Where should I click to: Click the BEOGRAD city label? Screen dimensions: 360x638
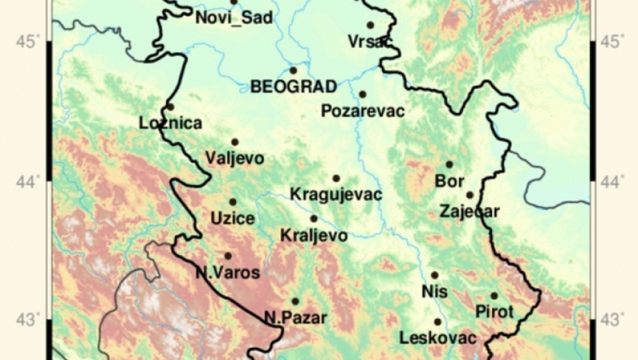coord(294,87)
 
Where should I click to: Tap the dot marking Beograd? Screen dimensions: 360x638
coord(294,70)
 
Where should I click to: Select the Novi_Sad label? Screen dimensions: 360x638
coord(234,17)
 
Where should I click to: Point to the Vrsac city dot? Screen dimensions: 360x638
coord(370,25)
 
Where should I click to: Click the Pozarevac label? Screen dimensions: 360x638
coord(363,110)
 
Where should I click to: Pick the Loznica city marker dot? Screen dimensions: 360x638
coord(170,107)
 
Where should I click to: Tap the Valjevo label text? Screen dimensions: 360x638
coord(235,158)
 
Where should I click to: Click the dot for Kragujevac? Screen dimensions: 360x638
coord(336,178)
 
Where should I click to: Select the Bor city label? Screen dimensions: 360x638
coord(449,182)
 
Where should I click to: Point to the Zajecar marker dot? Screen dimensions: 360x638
coord(470,195)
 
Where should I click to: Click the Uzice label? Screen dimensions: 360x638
coord(233,219)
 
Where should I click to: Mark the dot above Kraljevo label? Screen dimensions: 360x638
coord(314,219)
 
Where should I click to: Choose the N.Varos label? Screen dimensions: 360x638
coord(228,273)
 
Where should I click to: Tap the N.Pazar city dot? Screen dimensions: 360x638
coord(295,301)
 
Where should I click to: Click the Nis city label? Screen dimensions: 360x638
coord(434,291)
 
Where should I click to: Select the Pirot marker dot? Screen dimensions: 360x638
coord(494,296)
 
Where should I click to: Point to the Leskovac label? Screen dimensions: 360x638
coord(438,337)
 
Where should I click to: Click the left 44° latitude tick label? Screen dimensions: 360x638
coord(34,181)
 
